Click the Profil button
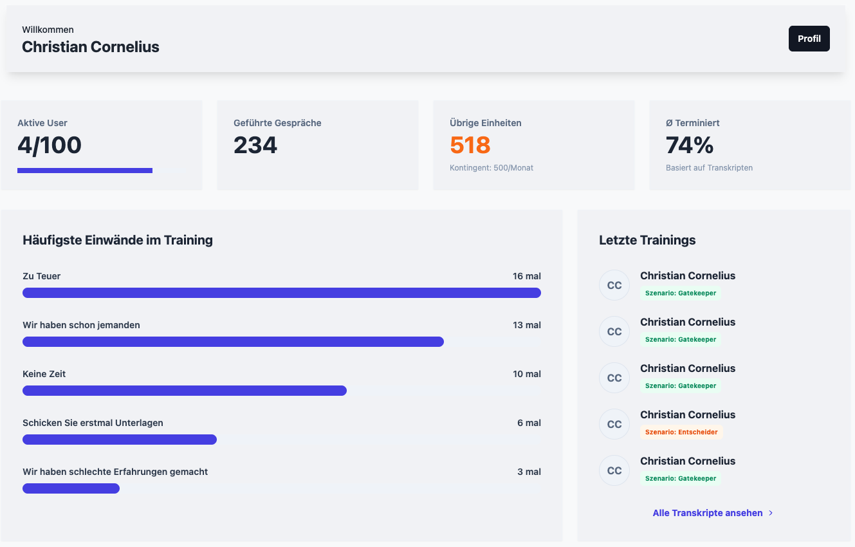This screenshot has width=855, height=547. pyautogui.click(x=809, y=39)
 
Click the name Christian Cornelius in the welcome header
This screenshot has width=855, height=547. pyautogui.click(x=91, y=47)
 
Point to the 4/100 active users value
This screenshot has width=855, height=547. pyautogui.click(x=50, y=145)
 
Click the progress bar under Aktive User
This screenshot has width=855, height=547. pyautogui.click(x=85, y=171)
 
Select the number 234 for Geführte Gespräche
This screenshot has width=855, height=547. pyautogui.click(x=255, y=145)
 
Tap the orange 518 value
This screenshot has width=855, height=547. pyautogui.click(x=470, y=145)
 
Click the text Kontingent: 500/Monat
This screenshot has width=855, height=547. pyautogui.click(x=492, y=168)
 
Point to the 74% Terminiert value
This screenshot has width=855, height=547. pyautogui.click(x=690, y=145)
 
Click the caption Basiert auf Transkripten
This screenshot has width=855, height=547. pyautogui.click(x=709, y=168)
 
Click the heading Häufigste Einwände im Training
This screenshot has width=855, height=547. pyautogui.click(x=118, y=240)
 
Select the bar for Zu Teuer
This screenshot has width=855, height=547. pyautogui.click(x=282, y=293)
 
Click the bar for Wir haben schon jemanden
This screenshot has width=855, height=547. pyautogui.click(x=233, y=342)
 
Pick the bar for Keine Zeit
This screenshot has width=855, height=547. pyautogui.click(x=185, y=391)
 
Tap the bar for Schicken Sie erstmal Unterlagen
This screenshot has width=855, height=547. pyautogui.click(x=120, y=440)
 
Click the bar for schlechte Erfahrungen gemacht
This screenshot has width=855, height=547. pyautogui.click(x=71, y=488)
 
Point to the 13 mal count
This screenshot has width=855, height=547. pyautogui.click(x=527, y=325)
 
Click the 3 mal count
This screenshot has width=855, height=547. pyautogui.click(x=529, y=472)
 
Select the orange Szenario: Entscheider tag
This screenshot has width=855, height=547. pyautogui.click(x=681, y=432)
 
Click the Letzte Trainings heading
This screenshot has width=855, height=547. pyautogui.click(x=647, y=240)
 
